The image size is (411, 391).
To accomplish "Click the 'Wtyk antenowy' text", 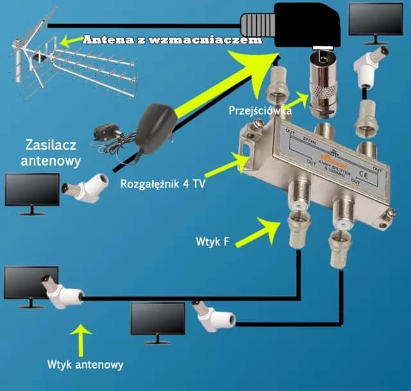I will pyautogui.click(x=85, y=364).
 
